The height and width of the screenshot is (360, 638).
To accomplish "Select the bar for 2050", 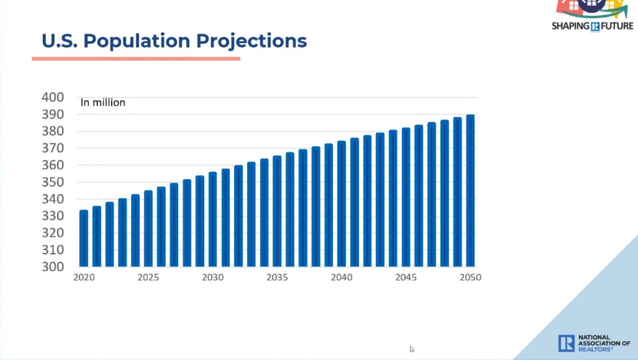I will (x=470, y=191).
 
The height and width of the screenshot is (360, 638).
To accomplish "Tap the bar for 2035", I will (x=277, y=211).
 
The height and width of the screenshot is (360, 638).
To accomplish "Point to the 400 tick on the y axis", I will (x=53, y=98).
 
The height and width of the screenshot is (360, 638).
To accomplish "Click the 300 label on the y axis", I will (x=53, y=267).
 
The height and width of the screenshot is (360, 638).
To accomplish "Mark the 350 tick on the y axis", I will (x=53, y=182).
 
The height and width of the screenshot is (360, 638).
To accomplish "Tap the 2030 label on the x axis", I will (x=212, y=278).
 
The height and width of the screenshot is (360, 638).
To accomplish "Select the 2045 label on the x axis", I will (x=406, y=278).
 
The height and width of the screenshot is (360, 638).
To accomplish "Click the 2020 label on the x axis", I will (x=84, y=278).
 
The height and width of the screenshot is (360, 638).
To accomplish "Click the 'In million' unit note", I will (x=103, y=103).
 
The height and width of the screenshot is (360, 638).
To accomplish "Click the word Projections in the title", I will (x=251, y=41).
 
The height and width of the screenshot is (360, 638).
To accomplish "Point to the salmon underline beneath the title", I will (x=136, y=59).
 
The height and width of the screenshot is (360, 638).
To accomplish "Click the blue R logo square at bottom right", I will (x=566, y=343).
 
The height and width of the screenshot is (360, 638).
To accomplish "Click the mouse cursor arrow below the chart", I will (x=412, y=349).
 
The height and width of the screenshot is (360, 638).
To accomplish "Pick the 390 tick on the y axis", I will (x=53, y=115).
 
